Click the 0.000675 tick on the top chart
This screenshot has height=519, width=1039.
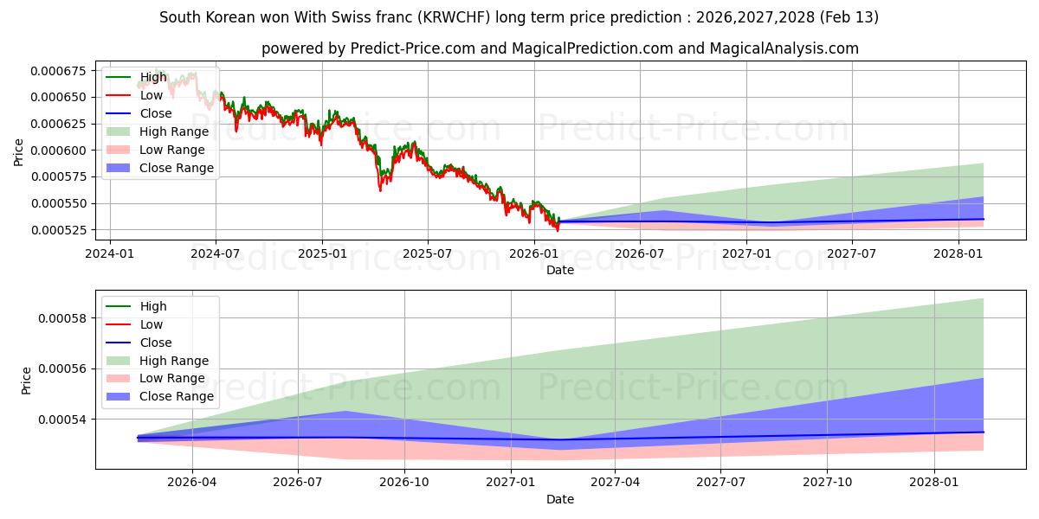[x=64, y=70]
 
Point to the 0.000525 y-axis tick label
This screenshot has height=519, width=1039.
[x=64, y=230]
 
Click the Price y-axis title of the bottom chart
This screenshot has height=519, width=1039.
[x=27, y=381]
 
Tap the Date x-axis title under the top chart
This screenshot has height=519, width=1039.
[x=559, y=270]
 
